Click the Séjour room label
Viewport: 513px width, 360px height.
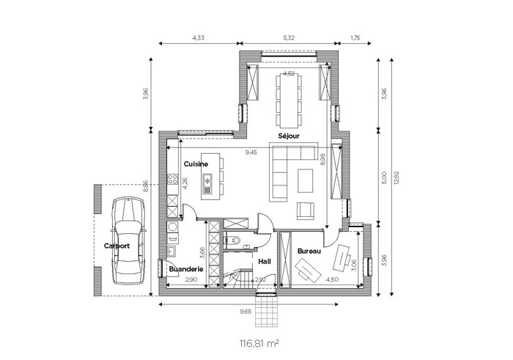pyautogui.click(x=289, y=136)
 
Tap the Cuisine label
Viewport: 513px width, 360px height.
pyautogui.click(x=196, y=164)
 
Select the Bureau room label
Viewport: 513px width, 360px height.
pyautogui.click(x=309, y=251)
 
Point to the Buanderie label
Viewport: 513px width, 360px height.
pyautogui.click(x=186, y=269)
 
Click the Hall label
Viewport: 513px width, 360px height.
pyautogui.click(x=265, y=262)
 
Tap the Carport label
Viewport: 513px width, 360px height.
pyautogui.click(x=117, y=246)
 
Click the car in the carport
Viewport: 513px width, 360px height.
pyautogui.click(x=128, y=240)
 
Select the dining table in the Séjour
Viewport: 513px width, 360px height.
pyautogui.click(x=288, y=100)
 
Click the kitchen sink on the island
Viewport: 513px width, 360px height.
pyautogui.click(x=207, y=183)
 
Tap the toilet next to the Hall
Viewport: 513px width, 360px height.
pyautogui.click(x=234, y=241)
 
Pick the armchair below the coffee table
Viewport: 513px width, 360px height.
pyautogui.click(x=306, y=210)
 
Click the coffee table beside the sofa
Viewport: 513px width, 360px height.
pyautogui.click(x=306, y=180)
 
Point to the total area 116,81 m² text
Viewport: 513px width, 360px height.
pyautogui.click(x=259, y=343)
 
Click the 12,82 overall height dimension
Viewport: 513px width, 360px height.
pyautogui.click(x=397, y=177)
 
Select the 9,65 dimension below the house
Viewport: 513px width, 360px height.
pyautogui.click(x=246, y=312)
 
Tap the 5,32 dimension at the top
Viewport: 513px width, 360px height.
pyautogui.click(x=288, y=37)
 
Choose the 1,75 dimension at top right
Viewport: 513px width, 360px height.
pyautogui.click(x=355, y=37)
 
